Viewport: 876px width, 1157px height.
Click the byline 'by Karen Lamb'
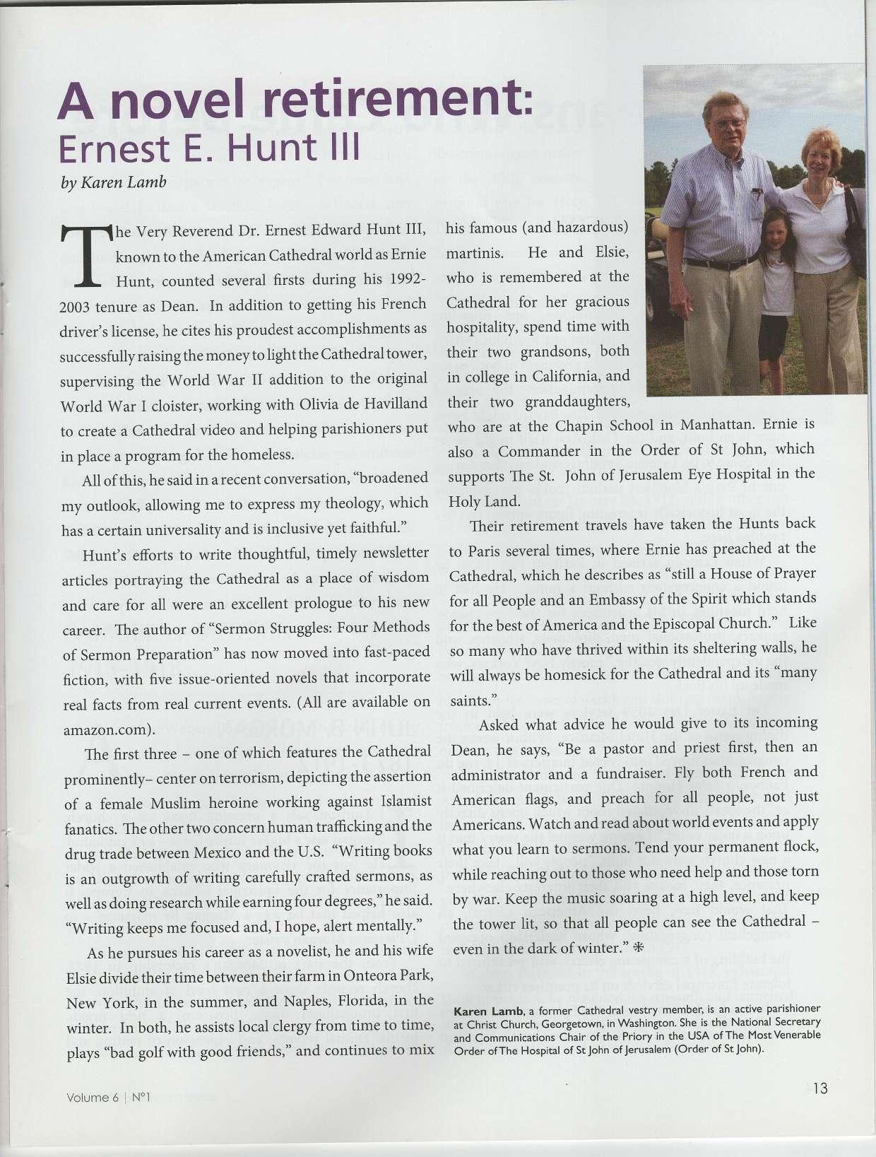click(114, 182)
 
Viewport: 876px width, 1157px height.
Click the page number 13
click(819, 1088)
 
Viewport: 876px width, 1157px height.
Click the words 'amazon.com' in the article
click(104, 729)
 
